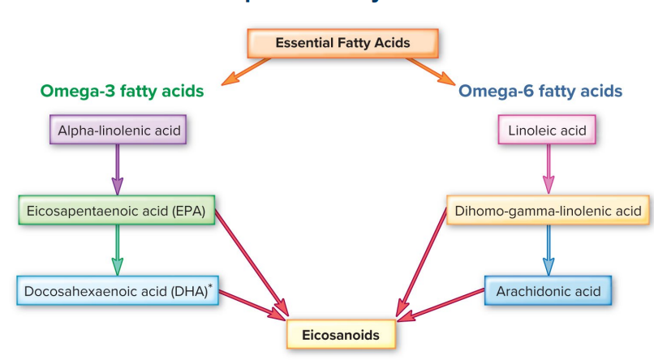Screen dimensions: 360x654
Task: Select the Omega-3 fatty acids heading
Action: (121, 92)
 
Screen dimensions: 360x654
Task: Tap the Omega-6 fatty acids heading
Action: (540, 92)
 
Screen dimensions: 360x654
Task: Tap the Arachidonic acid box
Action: (547, 290)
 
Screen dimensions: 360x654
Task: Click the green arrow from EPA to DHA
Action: (117, 250)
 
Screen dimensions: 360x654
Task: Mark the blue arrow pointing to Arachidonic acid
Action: (548, 250)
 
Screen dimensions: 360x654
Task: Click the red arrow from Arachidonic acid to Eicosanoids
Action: (443, 302)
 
